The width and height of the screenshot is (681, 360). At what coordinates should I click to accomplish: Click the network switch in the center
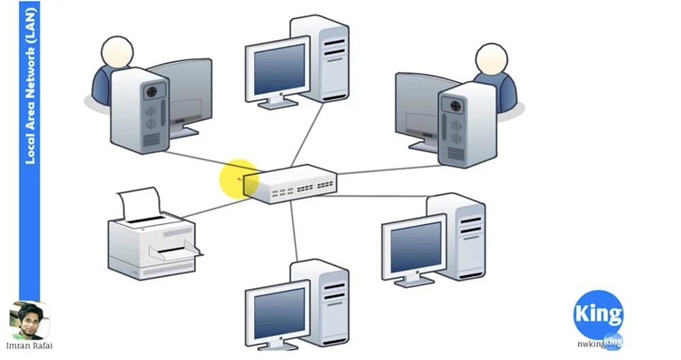coord(291,184)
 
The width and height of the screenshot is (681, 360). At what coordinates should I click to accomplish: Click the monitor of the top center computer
coord(276,69)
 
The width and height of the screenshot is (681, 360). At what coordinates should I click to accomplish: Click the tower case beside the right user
coord(466,125)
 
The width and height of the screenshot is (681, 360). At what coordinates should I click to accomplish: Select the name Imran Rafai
coord(29,346)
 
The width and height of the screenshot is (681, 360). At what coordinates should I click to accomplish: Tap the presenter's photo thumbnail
coord(29,321)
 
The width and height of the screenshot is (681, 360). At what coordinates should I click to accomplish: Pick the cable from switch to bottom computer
coord(294,231)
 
